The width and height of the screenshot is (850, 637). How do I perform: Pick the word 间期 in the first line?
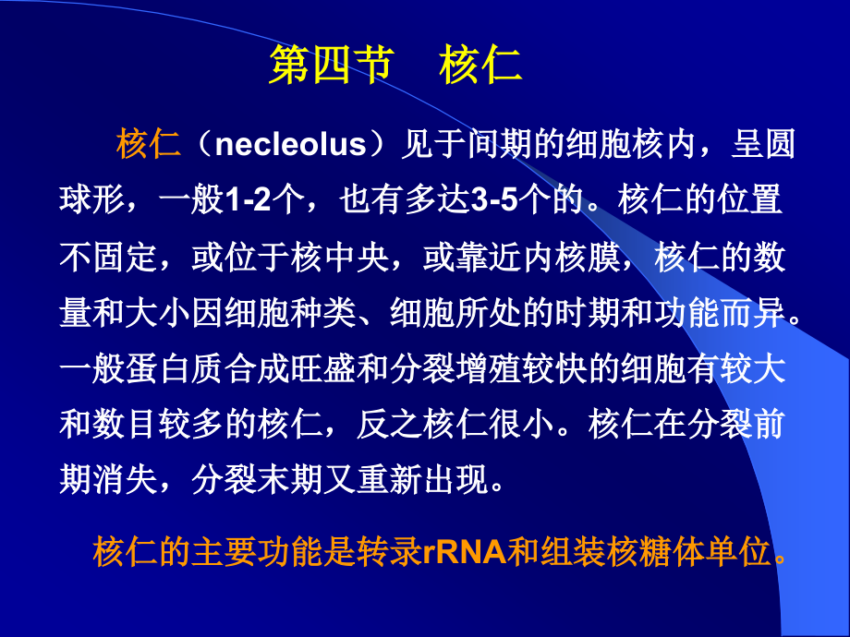(526, 145)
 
